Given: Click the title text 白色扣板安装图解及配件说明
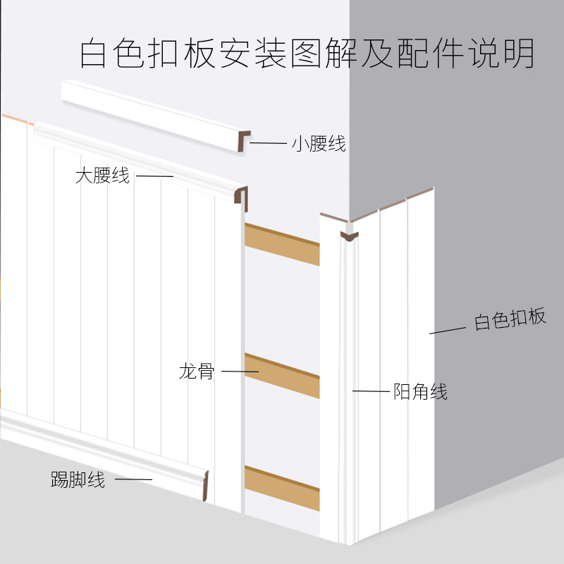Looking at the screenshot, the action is click(307, 54).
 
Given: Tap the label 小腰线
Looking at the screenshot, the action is click(319, 144).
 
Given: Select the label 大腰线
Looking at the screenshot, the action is click(103, 176).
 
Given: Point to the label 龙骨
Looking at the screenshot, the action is click(197, 371).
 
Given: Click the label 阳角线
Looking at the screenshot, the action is click(420, 391).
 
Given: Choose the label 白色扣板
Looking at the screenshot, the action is click(510, 319).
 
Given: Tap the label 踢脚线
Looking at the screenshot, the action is click(78, 481).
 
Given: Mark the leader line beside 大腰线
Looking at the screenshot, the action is click(154, 176).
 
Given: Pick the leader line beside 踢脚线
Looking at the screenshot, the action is click(133, 480).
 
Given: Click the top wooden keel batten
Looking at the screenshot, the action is click(282, 243).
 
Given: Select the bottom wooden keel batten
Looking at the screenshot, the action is click(282, 486).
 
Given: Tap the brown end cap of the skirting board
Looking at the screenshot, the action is click(203, 486).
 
